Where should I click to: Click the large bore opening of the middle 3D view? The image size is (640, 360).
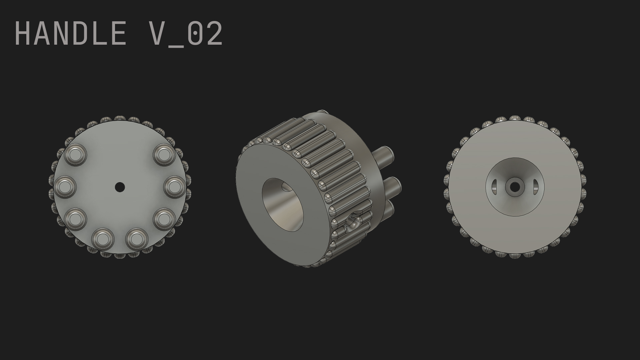pos(283,205)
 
